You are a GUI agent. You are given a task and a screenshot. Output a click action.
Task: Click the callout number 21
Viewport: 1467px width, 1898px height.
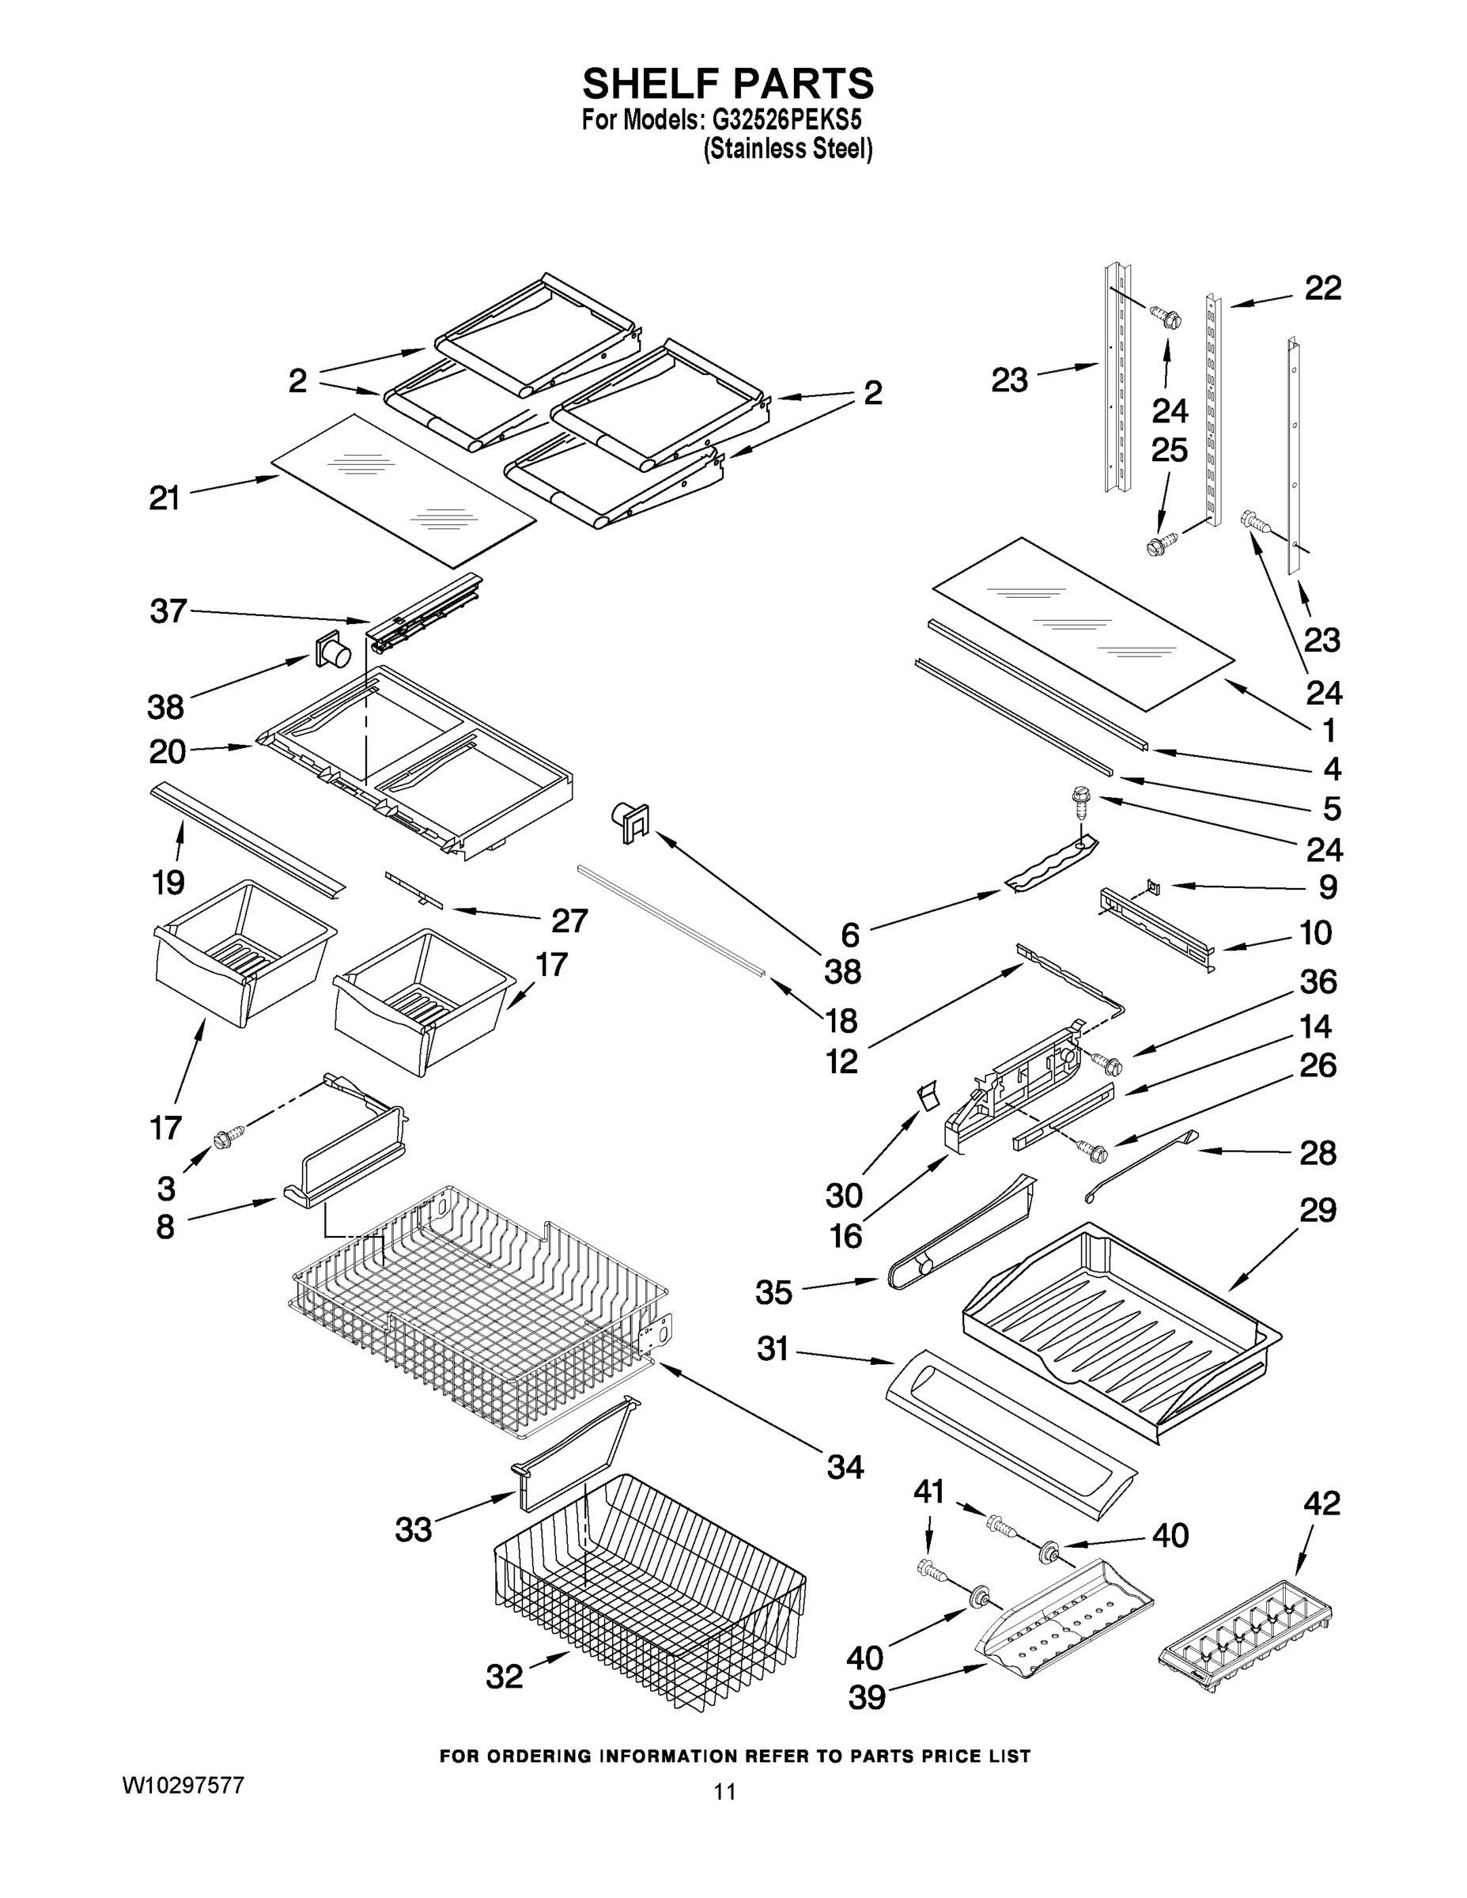click(x=165, y=499)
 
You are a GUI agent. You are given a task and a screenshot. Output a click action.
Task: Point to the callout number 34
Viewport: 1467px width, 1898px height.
click(x=845, y=1467)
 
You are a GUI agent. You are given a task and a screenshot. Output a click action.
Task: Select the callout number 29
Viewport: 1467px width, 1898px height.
click(x=1318, y=1210)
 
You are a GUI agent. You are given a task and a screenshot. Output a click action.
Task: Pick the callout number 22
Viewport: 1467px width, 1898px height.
click(x=1323, y=289)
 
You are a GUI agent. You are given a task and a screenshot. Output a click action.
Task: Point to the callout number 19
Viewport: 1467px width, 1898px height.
click(x=168, y=882)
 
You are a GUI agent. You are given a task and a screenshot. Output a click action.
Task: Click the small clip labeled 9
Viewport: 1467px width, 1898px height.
click(x=1153, y=886)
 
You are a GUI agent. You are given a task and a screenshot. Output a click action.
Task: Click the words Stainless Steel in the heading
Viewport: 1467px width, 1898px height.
click(x=788, y=149)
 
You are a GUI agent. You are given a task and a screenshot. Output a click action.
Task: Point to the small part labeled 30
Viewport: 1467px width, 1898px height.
click(x=926, y=1096)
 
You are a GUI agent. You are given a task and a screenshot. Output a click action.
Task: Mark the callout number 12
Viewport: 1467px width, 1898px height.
click(x=842, y=1061)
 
